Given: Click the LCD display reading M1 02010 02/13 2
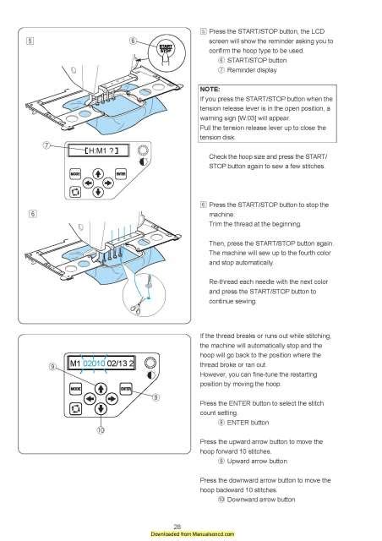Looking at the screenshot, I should coord(94,365).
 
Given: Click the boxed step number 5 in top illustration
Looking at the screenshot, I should coord(30,40).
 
